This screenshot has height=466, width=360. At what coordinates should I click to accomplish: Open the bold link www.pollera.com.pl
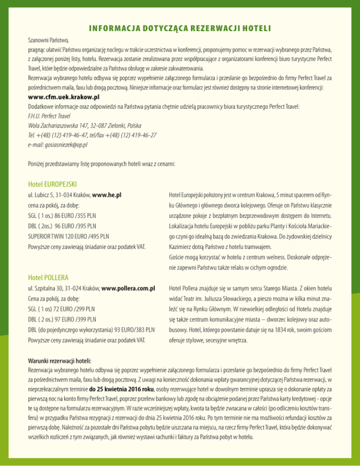(128, 288)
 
